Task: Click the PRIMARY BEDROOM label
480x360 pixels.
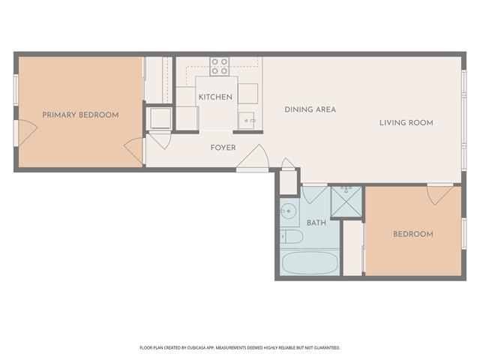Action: [80, 115]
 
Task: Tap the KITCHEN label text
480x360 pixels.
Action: [215, 97]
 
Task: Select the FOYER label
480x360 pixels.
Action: [223, 148]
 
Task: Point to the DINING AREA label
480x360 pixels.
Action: [310, 109]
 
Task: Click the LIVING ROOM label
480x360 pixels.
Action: [406, 123]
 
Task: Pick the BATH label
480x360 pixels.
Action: [316, 223]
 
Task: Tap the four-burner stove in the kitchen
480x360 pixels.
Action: [220, 67]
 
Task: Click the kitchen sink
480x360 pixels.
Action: [247, 121]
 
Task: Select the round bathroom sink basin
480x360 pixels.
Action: [288, 211]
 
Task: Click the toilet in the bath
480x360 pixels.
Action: [292, 237]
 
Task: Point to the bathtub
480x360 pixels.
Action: [310, 262]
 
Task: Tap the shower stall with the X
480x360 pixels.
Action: [346, 201]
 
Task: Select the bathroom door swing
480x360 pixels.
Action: [314, 194]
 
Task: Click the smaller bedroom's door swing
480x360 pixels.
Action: [440, 194]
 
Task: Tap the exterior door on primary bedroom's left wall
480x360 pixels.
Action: [26, 132]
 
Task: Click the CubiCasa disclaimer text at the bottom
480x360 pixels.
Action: [240, 348]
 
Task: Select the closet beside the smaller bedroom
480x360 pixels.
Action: [352, 248]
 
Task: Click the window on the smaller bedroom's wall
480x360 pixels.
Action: [464, 234]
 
